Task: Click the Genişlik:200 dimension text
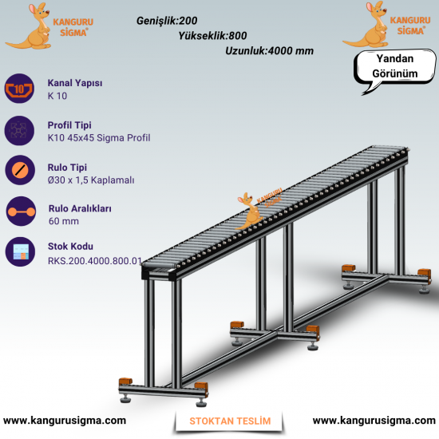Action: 167,21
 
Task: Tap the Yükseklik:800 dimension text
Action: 213,36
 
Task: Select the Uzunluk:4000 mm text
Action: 269,51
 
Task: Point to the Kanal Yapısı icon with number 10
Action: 19,89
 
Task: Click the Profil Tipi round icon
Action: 19,130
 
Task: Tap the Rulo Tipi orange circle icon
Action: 20,170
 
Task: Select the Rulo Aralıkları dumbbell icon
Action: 22,212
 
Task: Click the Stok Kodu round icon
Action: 20,251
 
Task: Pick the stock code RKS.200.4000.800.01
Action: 95,261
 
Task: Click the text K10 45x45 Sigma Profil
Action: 99,138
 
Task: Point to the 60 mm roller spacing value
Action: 64,221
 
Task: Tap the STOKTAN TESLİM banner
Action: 230,421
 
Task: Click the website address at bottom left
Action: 65,421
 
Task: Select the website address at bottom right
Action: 374,421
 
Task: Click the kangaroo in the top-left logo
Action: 34,28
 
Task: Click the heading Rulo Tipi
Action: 67,168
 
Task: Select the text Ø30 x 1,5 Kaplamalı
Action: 91,180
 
